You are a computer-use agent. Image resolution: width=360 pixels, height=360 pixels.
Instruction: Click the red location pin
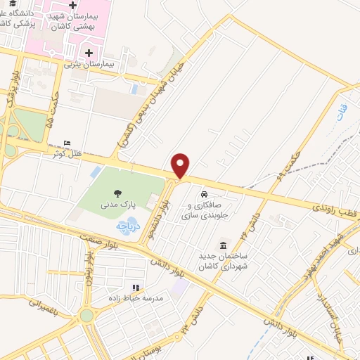click(x=181, y=165)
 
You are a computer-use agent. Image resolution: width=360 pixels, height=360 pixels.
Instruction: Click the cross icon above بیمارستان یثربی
click(x=89, y=52)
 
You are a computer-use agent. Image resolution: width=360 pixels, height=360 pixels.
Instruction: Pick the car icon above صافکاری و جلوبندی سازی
click(x=203, y=194)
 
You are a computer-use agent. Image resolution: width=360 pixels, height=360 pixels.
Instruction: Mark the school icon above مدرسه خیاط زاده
click(x=136, y=287)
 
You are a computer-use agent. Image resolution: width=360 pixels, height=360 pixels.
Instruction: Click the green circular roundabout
click(x=88, y=316)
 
